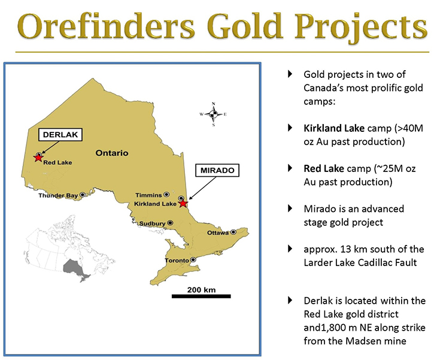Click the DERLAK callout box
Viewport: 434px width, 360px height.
60,135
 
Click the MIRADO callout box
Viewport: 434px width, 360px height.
217,170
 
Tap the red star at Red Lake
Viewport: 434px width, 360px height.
38,158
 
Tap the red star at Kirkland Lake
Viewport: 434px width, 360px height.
183,204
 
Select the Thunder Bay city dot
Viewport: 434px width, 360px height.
83,195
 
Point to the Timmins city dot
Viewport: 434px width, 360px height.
166,195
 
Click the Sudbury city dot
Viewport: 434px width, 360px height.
171,223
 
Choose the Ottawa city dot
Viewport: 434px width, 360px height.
233,232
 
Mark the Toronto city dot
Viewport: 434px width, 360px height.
193,260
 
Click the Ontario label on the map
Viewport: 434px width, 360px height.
112,153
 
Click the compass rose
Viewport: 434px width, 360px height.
213,114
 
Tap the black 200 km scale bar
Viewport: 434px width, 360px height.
201,297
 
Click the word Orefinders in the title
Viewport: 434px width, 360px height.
106,26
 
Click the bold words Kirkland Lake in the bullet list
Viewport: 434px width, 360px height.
334,128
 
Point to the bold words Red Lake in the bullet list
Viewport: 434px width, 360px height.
324,168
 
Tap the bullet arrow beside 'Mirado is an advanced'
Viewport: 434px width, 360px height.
290,208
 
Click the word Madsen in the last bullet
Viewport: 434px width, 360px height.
363,341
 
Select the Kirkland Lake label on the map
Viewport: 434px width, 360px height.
155,204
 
